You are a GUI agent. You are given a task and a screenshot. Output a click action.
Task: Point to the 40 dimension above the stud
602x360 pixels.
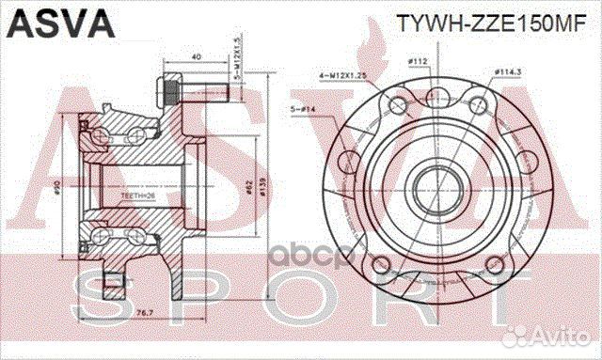[x=195, y=58]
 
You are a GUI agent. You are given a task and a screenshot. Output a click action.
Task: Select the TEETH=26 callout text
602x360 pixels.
[x=137, y=196]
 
